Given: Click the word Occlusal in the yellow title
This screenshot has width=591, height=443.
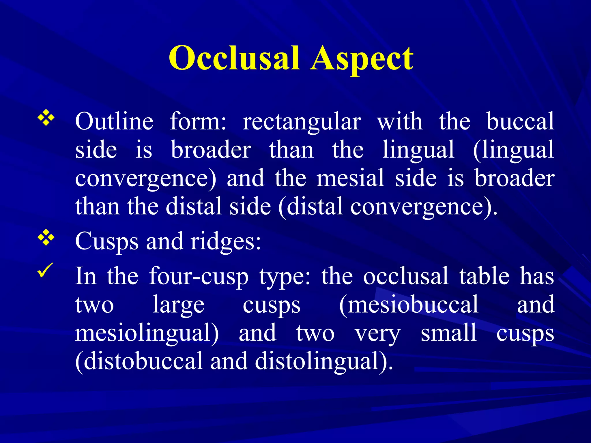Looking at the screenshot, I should click(x=234, y=59).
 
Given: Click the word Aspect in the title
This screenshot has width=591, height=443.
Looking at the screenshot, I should click(x=362, y=59).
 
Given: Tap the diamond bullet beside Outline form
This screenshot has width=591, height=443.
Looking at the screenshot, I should click(x=46, y=119).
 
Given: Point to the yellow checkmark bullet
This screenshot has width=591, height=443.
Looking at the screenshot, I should click(x=46, y=271).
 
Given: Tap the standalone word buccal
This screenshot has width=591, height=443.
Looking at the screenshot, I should click(x=520, y=121).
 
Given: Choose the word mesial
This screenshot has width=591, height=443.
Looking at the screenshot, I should click(x=350, y=178).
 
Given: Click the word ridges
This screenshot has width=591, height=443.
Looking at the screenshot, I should click(x=226, y=242).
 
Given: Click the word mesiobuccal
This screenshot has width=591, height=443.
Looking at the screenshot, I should click(x=409, y=305).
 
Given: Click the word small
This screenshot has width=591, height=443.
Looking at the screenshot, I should click(x=448, y=333).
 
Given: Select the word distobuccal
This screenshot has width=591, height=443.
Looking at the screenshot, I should click(x=139, y=361).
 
